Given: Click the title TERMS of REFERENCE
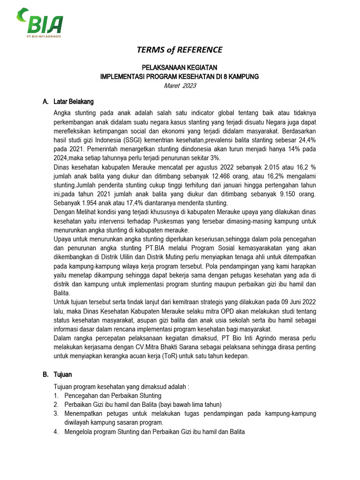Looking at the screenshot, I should [180, 50].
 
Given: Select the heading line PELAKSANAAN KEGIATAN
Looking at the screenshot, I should [180, 68].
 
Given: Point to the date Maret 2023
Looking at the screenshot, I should [180, 85].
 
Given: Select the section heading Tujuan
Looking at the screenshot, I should [63, 375].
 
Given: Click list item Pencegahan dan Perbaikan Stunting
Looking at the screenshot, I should [108, 396].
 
